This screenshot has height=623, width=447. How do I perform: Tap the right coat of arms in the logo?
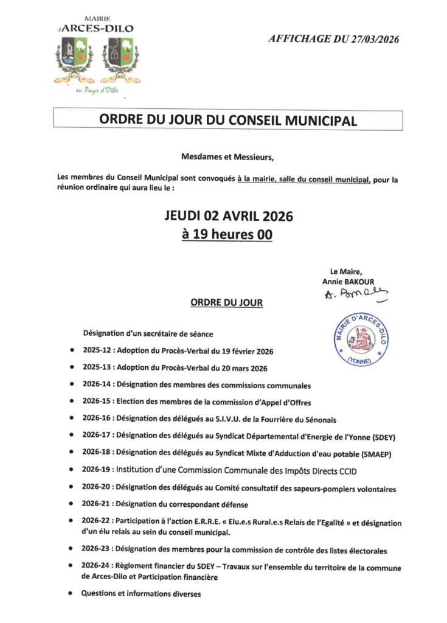click(x=120, y=54)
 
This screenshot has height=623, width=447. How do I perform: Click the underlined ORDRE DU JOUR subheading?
click(x=227, y=302)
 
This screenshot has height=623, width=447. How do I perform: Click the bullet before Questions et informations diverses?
click(x=72, y=593)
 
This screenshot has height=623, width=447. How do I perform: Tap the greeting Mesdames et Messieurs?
click(x=227, y=157)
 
